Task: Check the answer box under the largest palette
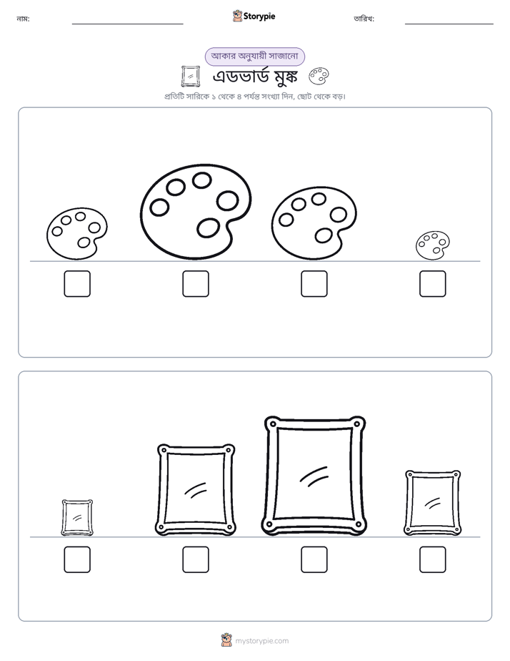196,284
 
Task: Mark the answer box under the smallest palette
433,284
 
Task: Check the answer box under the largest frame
314,559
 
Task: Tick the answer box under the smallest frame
77,559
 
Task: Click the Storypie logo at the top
254,16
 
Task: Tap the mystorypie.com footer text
261,641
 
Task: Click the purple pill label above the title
254,57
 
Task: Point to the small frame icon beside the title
191,77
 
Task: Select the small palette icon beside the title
319,77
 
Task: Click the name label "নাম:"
23,19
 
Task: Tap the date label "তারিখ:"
364,19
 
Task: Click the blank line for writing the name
127,24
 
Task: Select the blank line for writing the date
449,24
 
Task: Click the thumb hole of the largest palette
209,228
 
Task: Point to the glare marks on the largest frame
314,476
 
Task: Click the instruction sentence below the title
255,97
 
